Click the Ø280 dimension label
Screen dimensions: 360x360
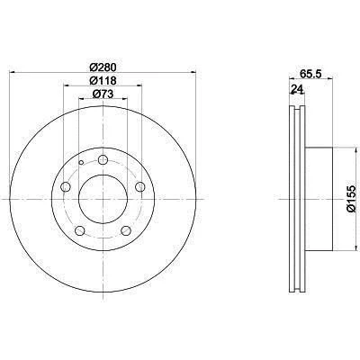(103, 67)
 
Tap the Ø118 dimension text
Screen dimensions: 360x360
(103, 80)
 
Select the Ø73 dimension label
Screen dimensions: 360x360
(103, 94)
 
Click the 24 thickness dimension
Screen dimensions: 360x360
(296, 89)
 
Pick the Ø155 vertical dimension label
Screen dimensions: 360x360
(351, 199)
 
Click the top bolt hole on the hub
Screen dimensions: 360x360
(103, 160)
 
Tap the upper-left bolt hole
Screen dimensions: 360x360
(66, 187)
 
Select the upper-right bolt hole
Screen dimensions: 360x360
(140, 187)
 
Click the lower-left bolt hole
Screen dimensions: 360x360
(79, 231)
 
